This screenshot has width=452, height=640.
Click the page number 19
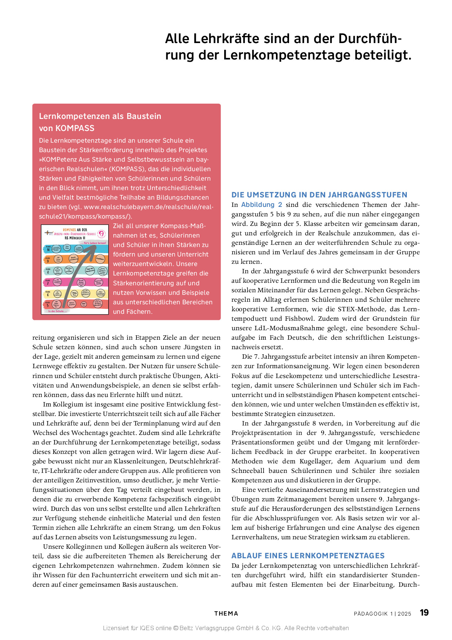pos(424,613)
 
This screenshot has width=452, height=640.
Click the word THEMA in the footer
pos(226,613)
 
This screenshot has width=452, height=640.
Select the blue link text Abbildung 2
pos(261,205)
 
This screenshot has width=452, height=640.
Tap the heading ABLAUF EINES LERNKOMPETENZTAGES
pos(308,555)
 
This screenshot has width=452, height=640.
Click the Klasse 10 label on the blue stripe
pos(48,248)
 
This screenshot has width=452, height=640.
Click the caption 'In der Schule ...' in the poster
pos(58,311)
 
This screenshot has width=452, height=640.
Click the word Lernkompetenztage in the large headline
pos(273,55)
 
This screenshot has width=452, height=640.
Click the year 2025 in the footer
pos(404,614)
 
